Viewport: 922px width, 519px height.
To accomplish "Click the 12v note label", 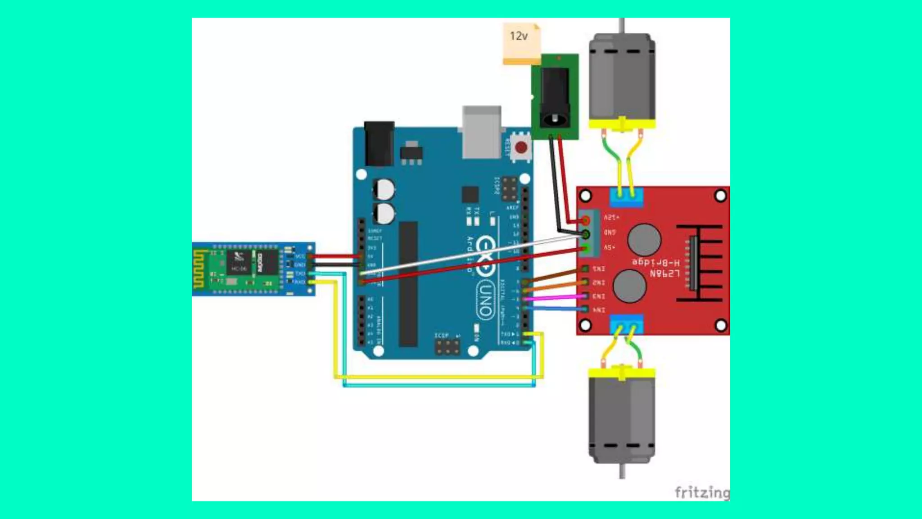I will pyautogui.click(x=519, y=36).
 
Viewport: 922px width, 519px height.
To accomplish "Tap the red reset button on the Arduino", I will pyautogui.click(x=521, y=147).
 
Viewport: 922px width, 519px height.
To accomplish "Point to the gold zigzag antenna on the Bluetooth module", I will pyautogui.click(x=199, y=269).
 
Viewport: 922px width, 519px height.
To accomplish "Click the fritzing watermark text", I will pyautogui.click(x=701, y=492).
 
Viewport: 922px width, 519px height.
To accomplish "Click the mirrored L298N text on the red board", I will pyautogui.click(x=664, y=273).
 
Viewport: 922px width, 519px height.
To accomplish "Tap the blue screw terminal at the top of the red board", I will pyautogui.click(x=626, y=197).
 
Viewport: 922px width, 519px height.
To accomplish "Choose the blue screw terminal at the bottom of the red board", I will pyautogui.click(x=626, y=324).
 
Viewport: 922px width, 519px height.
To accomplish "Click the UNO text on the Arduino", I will pyautogui.click(x=485, y=300).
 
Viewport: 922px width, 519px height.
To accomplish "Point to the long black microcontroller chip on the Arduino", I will pyautogui.click(x=408, y=284).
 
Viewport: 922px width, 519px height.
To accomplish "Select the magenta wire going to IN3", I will pyautogui.click(x=554, y=297).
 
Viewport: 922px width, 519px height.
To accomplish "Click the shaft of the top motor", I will pyautogui.click(x=622, y=25).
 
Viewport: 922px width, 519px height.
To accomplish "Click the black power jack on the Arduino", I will pyautogui.click(x=379, y=143).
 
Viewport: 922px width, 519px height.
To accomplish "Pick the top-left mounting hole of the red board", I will pyautogui.click(x=586, y=196).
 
